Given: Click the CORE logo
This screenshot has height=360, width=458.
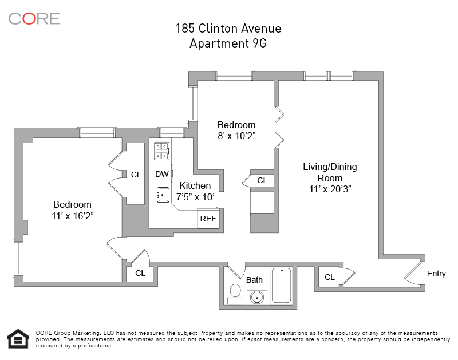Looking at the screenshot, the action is (x=34, y=18).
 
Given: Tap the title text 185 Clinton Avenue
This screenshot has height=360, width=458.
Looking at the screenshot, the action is (x=228, y=29).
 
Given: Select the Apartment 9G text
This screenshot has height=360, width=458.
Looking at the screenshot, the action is (x=228, y=43).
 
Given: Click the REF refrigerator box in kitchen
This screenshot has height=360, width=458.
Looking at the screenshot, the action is (x=208, y=219).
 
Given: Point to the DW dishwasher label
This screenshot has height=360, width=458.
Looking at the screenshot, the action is (x=162, y=174).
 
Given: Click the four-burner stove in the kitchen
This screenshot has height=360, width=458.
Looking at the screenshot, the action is (x=161, y=151).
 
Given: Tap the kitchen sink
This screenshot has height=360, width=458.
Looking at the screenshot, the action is (x=163, y=195).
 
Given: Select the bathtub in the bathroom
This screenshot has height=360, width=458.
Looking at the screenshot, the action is (x=281, y=285).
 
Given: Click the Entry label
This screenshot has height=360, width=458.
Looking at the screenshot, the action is (x=436, y=274).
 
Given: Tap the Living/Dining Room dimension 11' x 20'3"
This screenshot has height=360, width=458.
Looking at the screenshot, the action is (x=330, y=188).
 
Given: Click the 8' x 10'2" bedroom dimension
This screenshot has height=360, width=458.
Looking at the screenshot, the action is (x=236, y=136).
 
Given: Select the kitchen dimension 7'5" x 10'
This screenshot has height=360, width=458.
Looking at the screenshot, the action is (x=196, y=196).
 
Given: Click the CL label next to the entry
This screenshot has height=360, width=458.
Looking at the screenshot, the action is (x=329, y=277).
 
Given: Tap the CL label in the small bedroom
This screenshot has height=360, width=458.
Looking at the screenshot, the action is (x=262, y=180).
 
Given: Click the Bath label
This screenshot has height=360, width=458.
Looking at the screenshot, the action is (x=254, y=280).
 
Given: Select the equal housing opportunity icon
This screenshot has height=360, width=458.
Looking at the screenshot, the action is (x=17, y=338).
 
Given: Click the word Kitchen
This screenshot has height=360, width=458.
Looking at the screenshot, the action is (x=195, y=185).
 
